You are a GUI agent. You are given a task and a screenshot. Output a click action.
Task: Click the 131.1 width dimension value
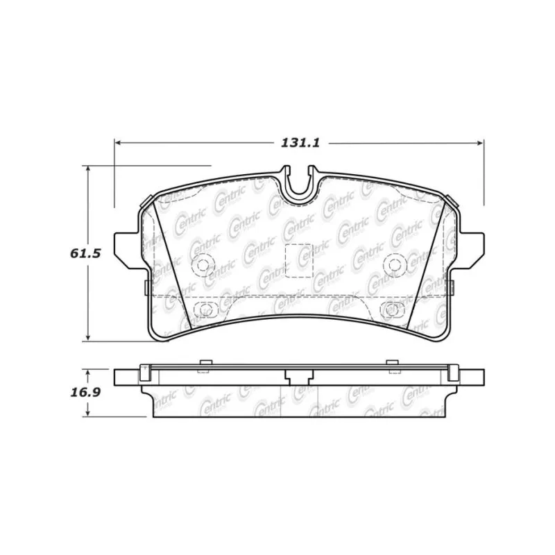pyautogui.click(x=300, y=143)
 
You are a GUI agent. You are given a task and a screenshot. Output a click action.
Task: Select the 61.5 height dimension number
pyautogui.click(x=85, y=253)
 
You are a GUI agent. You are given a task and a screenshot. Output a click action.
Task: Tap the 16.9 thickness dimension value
pyautogui.click(x=85, y=393)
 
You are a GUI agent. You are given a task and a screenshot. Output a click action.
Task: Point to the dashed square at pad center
pyautogui.click(x=299, y=261)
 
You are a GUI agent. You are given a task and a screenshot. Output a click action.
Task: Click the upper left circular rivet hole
pyautogui.click(x=203, y=265)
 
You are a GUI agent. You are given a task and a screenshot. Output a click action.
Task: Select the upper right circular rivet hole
pyautogui.click(x=394, y=265)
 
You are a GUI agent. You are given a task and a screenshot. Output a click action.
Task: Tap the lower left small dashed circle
pyautogui.click(x=203, y=309)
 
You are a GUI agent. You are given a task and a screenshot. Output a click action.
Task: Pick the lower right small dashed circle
pyautogui.click(x=391, y=309)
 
